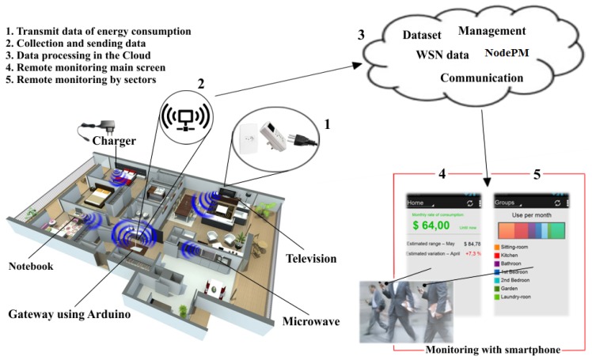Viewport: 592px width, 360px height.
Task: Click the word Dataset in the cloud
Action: pos(424,36)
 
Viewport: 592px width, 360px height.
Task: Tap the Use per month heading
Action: pos(529,215)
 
